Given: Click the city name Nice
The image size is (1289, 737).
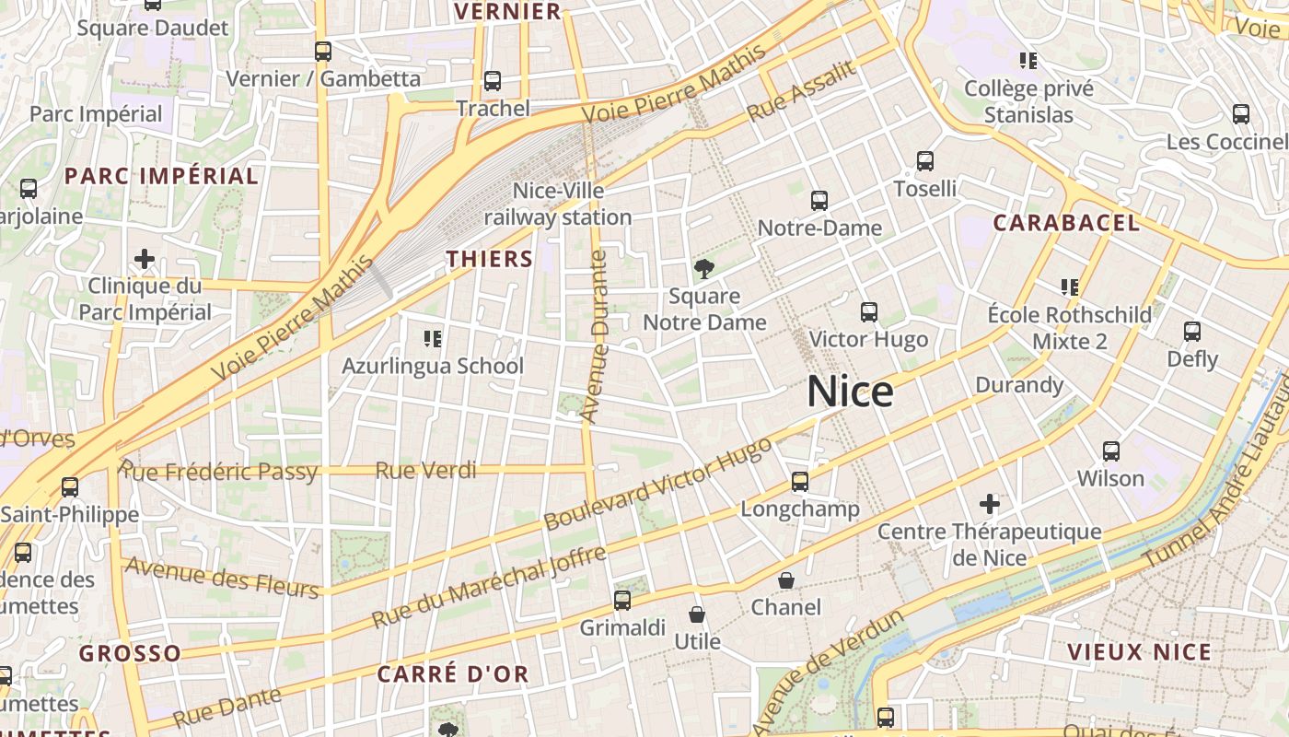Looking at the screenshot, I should pos(850,392).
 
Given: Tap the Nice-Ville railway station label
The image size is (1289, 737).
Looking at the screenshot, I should pos(558,204).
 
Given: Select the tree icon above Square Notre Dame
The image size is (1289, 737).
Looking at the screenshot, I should pos(704,269).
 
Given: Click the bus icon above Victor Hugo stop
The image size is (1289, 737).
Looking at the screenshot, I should pos(869,312).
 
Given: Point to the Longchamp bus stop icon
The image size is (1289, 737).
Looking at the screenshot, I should pos(800,482).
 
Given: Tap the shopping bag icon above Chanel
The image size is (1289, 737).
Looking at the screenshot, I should pos(786,580).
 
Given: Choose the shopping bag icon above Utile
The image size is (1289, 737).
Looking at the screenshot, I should pos(697,614).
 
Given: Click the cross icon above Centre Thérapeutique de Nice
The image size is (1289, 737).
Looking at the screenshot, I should pos(990,504).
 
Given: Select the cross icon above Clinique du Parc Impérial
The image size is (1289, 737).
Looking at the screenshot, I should pos(145,259).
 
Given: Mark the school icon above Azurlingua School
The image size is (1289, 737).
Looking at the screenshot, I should pos(433,339).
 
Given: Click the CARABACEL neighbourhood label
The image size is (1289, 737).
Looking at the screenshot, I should pos(1066,222).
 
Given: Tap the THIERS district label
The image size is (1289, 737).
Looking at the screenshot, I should pos(490,259).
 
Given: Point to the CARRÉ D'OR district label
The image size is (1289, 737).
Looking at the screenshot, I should pos(453,673).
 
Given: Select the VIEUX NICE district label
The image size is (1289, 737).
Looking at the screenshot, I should pos(1138,652).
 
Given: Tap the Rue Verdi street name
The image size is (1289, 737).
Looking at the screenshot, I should pos(425,471).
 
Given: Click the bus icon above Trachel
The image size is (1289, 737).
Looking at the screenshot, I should pos(493,81).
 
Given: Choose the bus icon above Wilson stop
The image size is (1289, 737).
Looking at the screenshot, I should pos(1111,451).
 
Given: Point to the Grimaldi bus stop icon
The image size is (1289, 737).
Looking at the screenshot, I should pos(622,601).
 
